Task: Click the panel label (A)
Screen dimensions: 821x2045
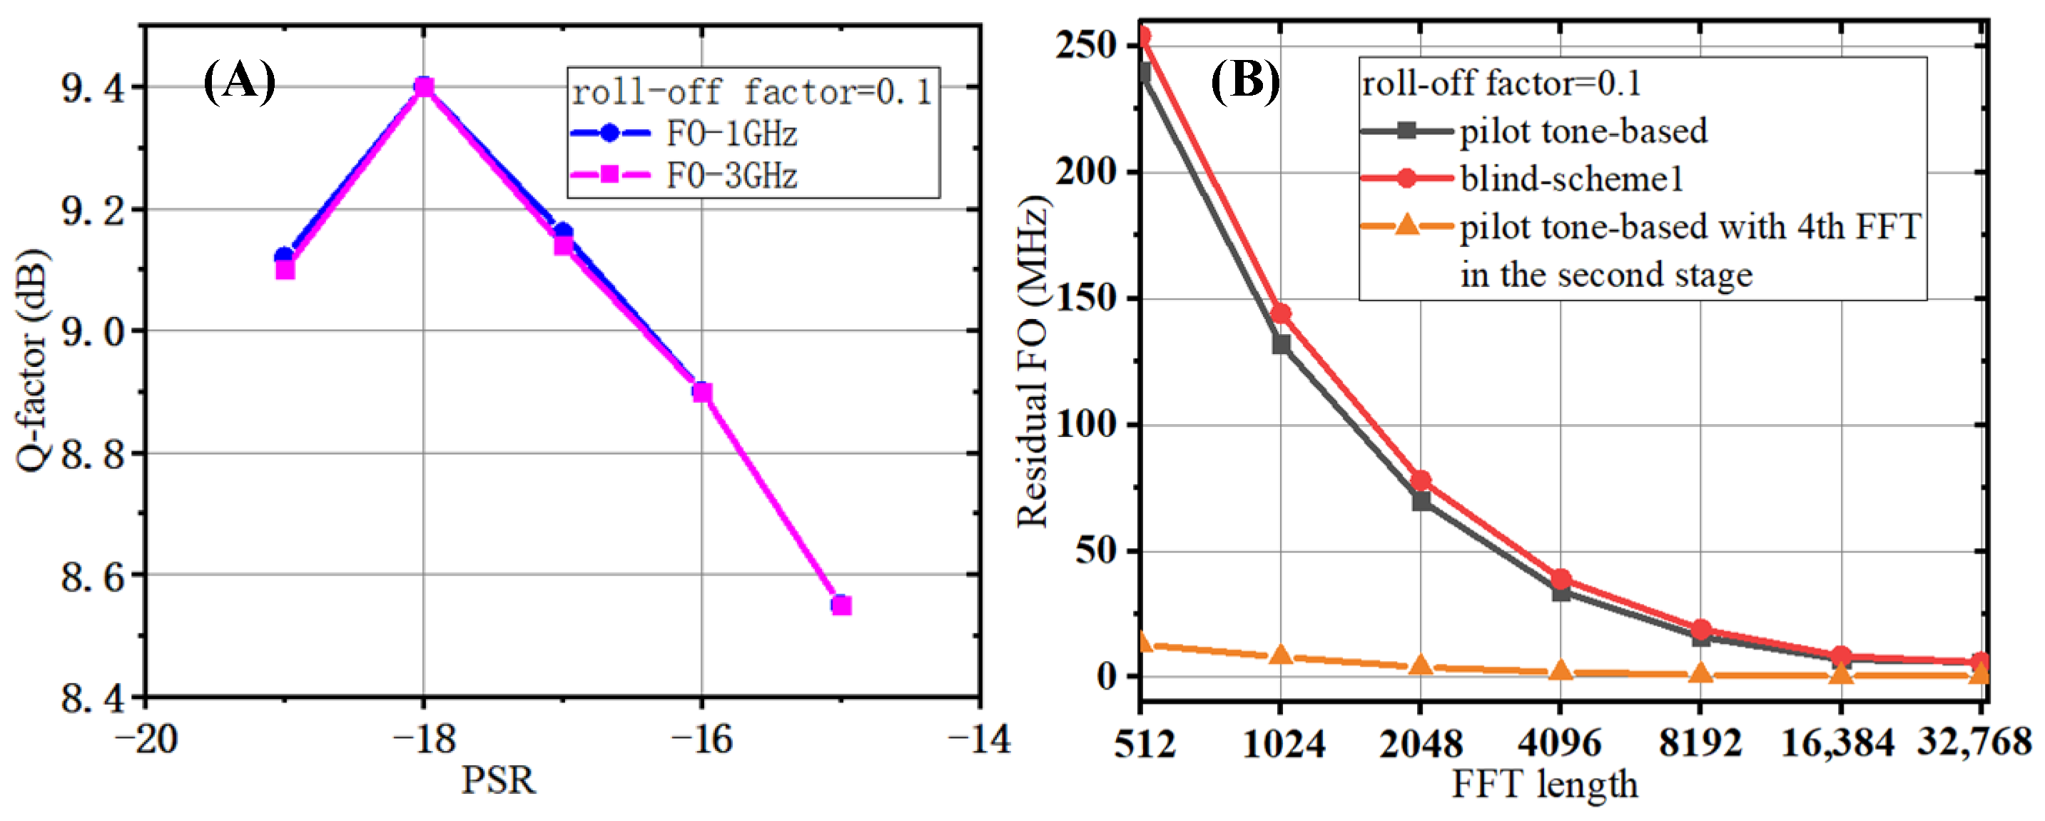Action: click(x=239, y=82)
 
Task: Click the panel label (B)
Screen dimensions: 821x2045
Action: click(x=1245, y=82)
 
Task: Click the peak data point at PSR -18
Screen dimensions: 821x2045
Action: click(x=425, y=86)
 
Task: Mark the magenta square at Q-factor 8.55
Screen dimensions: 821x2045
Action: click(x=841, y=606)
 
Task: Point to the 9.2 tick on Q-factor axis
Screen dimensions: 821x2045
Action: click(x=93, y=211)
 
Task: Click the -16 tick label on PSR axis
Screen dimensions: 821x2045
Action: click(x=702, y=739)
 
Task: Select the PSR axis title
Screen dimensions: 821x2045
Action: click(x=499, y=780)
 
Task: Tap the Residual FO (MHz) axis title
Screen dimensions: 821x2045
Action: click(x=1032, y=361)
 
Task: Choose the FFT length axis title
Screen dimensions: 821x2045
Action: click(x=1545, y=785)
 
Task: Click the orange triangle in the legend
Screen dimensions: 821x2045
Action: click(x=1406, y=226)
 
